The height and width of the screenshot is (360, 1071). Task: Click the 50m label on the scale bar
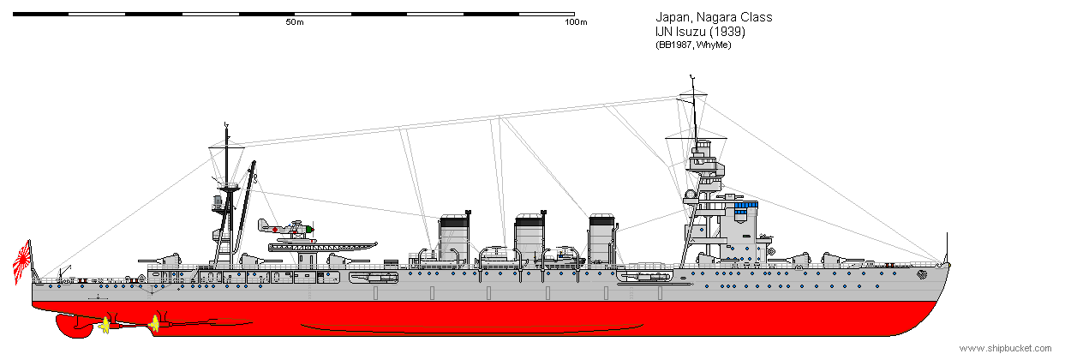click(x=295, y=22)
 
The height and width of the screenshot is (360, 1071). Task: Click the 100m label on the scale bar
click(x=576, y=22)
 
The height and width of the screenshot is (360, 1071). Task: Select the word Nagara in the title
click(x=716, y=17)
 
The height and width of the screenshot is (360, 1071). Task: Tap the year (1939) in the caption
click(x=727, y=32)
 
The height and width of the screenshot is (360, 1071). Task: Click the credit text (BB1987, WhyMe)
click(x=693, y=45)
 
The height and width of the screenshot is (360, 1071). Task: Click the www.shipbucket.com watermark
click(x=1006, y=349)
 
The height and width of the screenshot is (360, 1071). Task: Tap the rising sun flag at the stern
click(x=21, y=261)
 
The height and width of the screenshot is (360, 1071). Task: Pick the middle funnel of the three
click(x=530, y=237)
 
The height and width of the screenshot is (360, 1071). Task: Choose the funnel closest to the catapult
click(x=454, y=237)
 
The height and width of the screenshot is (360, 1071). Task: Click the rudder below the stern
click(x=74, y=326)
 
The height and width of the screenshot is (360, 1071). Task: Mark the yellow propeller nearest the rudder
click(x=105, y=326)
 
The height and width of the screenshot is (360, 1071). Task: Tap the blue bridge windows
click(x=745, y=207)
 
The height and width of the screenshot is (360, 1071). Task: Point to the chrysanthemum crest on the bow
click(x=921, y=274)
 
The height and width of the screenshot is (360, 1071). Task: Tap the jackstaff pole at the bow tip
click(x=947, y=249)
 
